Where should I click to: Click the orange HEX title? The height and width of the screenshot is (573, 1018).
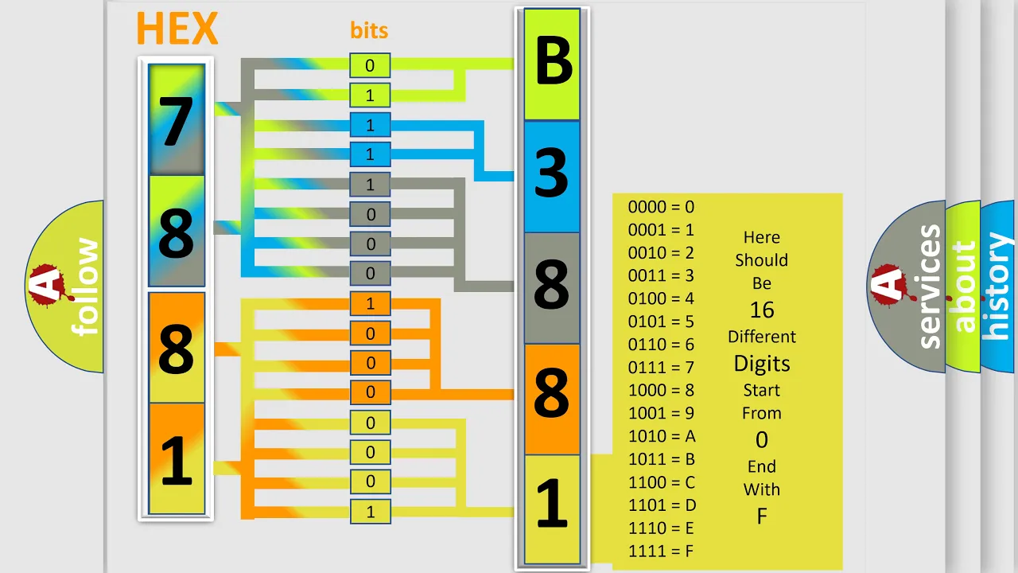(x=177, y=28)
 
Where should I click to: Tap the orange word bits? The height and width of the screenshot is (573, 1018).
(x=369, y=30)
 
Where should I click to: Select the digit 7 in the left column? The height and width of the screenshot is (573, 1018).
(x=176, y=123)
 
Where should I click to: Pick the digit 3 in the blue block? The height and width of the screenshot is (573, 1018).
(x=551, y=173)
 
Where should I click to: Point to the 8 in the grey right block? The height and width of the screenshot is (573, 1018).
(x=552, y=284)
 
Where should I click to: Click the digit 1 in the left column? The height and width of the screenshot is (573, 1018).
(x=177, y=460)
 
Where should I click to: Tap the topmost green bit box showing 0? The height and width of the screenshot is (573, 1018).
(x=370, y=65)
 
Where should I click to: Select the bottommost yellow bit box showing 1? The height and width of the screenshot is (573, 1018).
(x=370, y=512)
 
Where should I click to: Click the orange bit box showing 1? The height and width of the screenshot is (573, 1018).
(x=370, y=303)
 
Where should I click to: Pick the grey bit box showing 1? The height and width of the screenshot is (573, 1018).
(x=370, y=184)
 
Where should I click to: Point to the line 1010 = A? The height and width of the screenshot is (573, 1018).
(x=662, y=436)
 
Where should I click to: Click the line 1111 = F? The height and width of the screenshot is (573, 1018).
(x=661, y=552)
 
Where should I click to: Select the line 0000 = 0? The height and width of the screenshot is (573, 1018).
(x=661, y=207)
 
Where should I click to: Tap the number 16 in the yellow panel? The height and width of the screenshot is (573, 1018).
(x=762, y=310)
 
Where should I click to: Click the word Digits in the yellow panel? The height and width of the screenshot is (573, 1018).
(x=762, y=364)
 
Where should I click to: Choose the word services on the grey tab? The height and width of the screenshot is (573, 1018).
(x=929, y=286)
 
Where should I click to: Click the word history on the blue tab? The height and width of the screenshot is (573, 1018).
(x=997, y=286)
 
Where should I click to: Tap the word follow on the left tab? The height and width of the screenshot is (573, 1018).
(x=85, y=286)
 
